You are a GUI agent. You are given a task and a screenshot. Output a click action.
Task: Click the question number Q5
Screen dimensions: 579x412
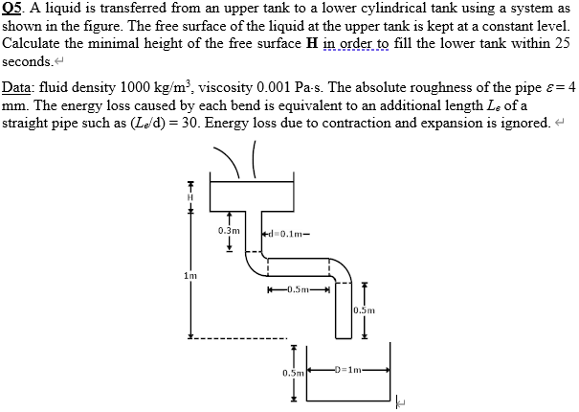[x=12, y=10]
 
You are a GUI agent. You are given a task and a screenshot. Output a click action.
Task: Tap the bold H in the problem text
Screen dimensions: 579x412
[x=310, y=44]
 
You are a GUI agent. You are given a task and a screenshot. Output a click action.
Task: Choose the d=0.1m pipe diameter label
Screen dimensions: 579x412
[x=288, y=231]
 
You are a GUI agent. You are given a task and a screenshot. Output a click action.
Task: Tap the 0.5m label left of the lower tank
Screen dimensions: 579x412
[x=292, y=371]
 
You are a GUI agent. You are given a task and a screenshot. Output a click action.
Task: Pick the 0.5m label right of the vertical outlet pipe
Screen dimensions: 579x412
[x=364, y=309]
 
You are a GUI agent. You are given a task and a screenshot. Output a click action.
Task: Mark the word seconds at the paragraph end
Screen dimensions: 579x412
[x=27, y=60]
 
